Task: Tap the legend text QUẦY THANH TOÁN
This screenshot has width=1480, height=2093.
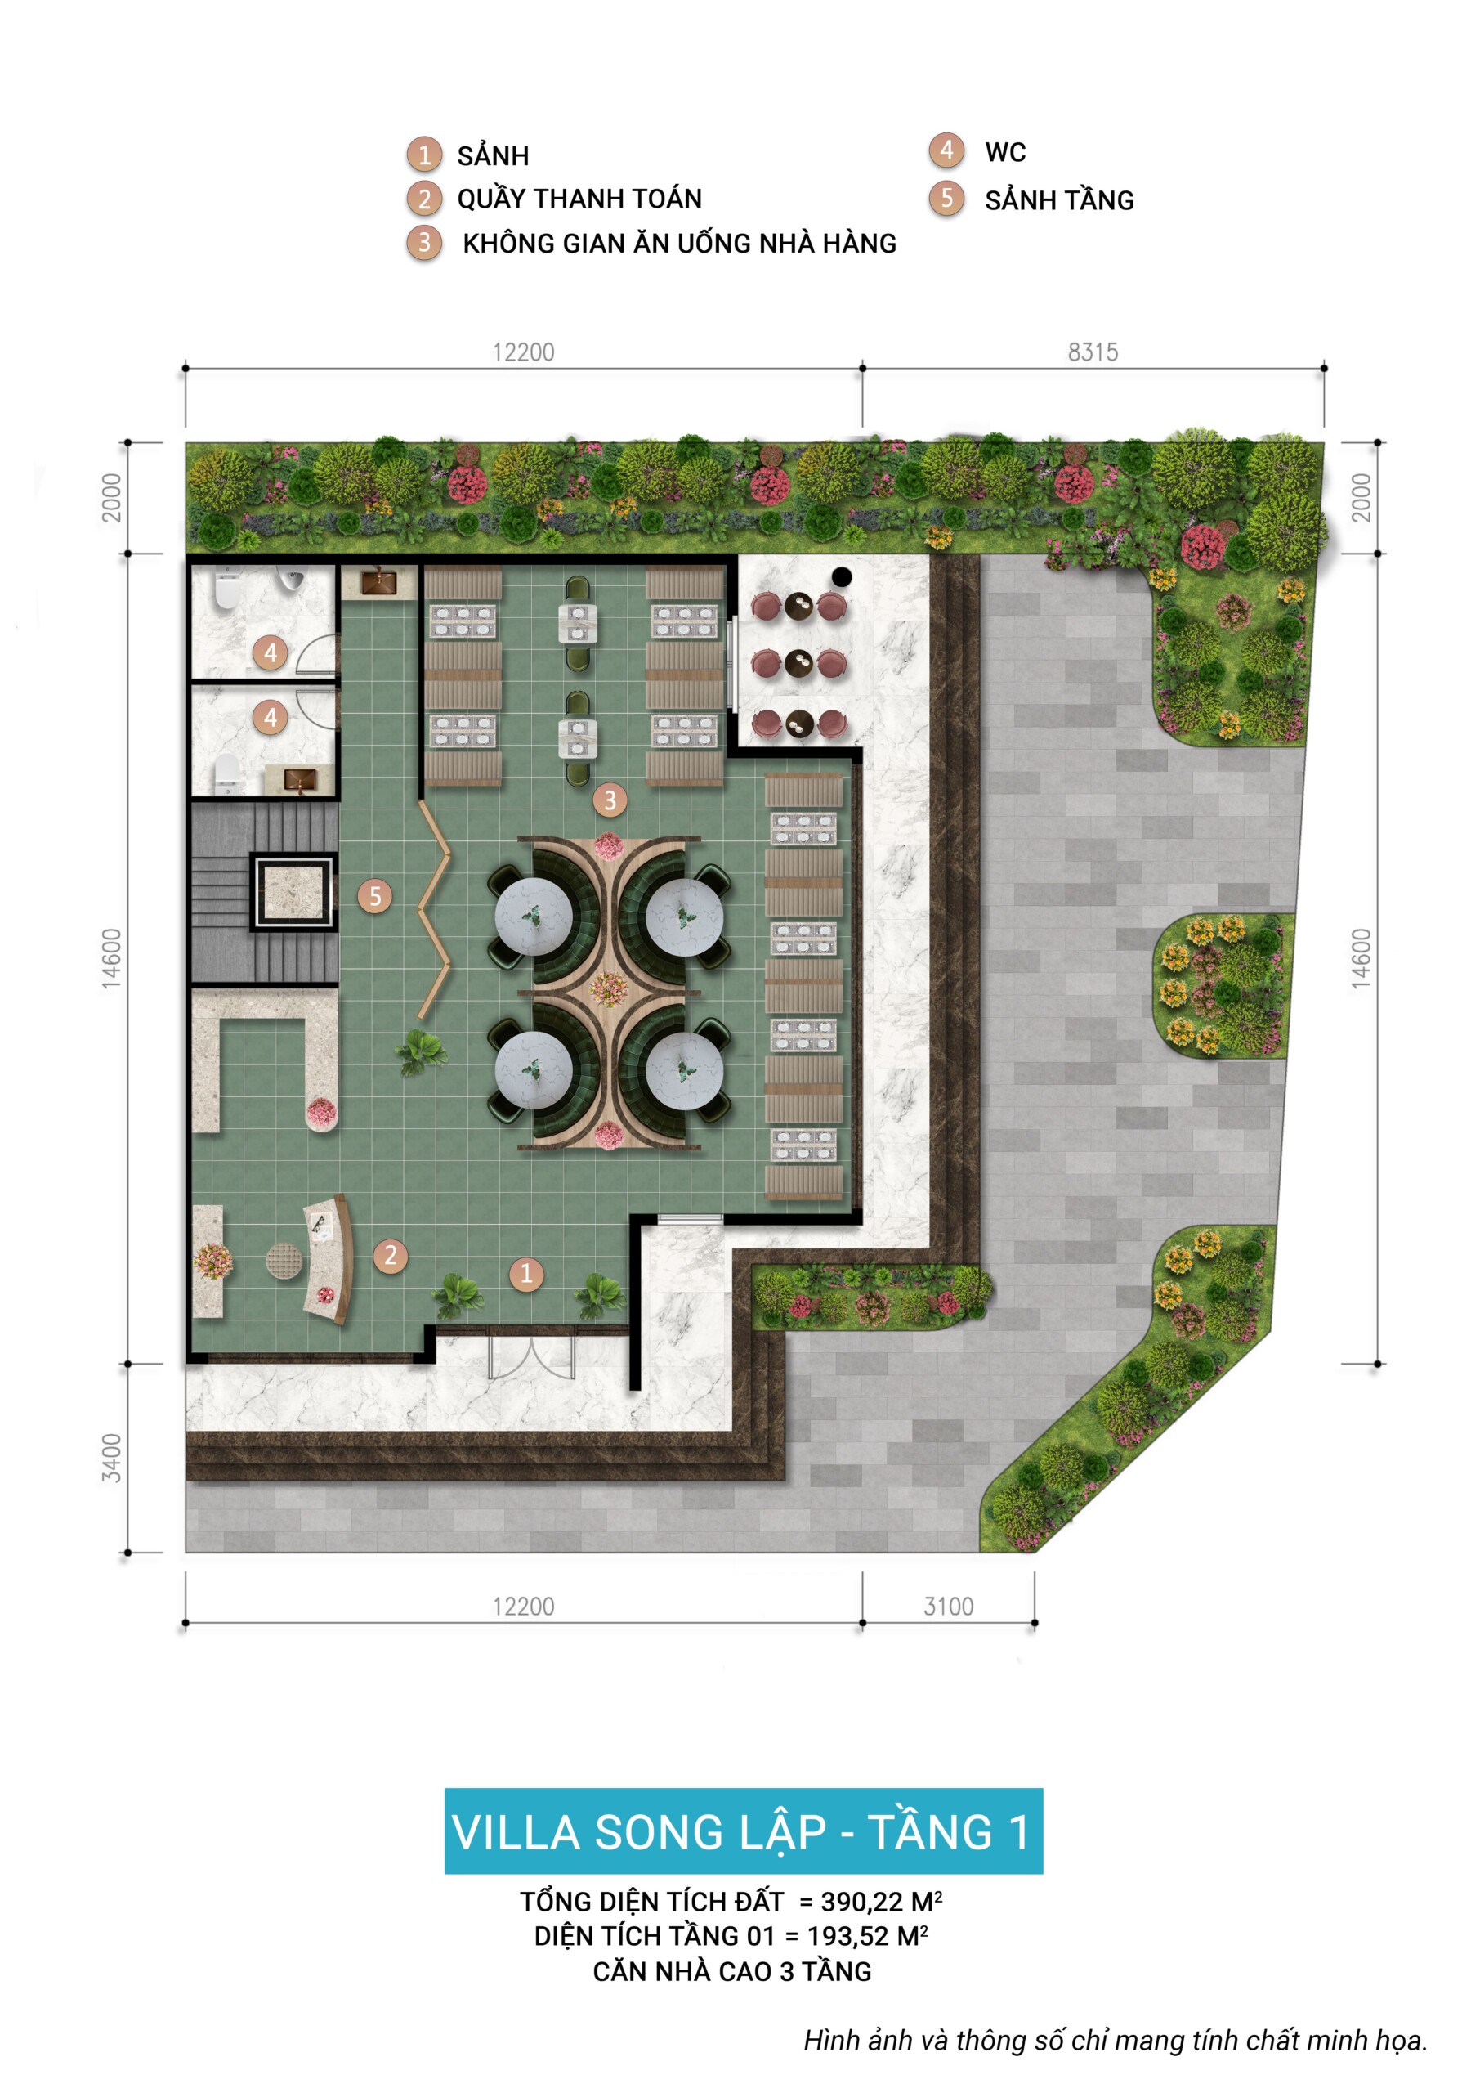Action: point(579,198)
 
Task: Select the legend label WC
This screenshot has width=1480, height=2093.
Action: point(1005,152)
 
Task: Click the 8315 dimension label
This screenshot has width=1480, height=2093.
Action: point(1093,352)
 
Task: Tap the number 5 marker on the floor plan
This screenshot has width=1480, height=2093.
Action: point(374,896)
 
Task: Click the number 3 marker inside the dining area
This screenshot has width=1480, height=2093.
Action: point(610,800)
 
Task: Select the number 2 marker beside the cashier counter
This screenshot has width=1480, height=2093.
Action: point(391,1255)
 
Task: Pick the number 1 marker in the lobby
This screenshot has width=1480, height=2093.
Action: point(525,1274)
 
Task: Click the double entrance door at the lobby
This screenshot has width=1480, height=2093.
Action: point(531,1356)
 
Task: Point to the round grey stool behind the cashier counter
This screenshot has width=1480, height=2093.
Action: point(283,1261)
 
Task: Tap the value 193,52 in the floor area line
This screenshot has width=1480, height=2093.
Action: point(847,1935)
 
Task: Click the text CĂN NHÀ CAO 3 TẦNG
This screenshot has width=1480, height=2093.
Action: point(731,1971)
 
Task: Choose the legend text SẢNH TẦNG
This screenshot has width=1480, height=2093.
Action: point(1059,199)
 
